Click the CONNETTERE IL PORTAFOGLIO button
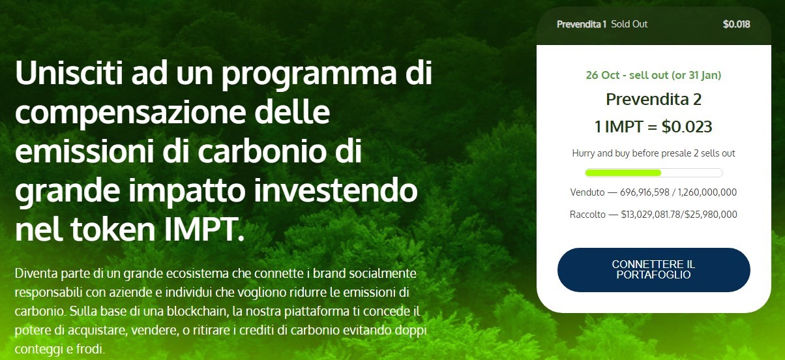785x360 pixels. (653, 269)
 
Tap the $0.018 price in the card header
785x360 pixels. (736, 24)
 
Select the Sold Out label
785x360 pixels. (629, 24)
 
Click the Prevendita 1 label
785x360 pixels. (582, 24)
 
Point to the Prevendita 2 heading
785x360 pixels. (653, 99)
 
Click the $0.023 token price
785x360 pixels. (687, 127)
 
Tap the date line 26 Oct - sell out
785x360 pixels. (624, 75)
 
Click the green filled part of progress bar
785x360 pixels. (623, 173)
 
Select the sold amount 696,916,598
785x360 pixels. (644, 192)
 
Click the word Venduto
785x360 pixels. (587, 192)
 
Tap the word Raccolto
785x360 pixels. (587, 214)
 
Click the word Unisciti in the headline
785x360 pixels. (69, 72)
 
